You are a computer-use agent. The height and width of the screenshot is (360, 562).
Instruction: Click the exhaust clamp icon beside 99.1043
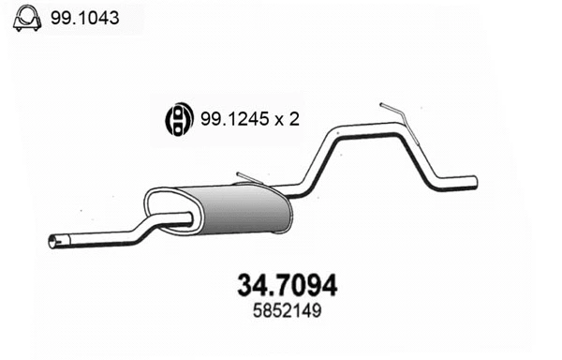pyautogui.click(x=24, y=19)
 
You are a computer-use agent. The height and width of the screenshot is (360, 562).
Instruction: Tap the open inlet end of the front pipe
pyautogui.click(x=52, y=244)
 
